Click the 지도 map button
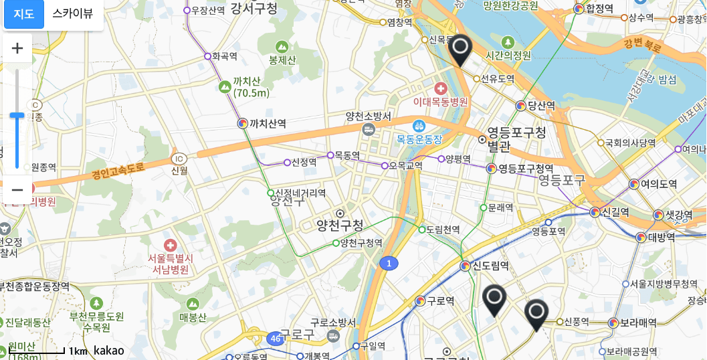pos(24,14)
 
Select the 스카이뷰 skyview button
pos(73,14)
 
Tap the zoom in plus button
pos(17,48)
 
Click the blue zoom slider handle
pos(17,116)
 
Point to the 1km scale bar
pos(46,350)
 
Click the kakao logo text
pos(109,350)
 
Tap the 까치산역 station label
pos(268,124)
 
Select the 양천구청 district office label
pos(340,226)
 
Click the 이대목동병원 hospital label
pos(441,102)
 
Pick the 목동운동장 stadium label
pos(419,139)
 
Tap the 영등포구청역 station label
pos(526,168)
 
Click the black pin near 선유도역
pos(460,49)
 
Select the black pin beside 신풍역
pos(536,313)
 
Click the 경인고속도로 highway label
pos(118,171)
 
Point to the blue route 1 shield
pos(389,264)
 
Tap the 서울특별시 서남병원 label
pos(171,264)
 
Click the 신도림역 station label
pos(491,266)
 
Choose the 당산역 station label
pos(541,106)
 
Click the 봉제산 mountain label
pos(282,60)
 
